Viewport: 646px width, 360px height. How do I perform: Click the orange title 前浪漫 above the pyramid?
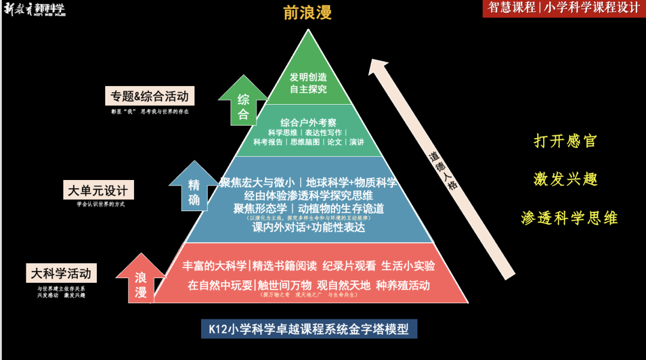click(x=307, y=13)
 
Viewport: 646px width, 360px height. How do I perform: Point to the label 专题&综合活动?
click(x=152, y=96)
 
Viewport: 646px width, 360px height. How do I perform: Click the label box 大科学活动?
click(x=62, y=274)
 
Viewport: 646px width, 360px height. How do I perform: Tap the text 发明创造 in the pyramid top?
click(x=309, y=77)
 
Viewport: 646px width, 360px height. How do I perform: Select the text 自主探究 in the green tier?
click(x=309, y=90)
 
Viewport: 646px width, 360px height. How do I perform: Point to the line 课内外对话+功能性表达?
click(x=309, y=228)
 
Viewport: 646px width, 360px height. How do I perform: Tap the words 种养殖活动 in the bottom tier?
click(x=403, y=285)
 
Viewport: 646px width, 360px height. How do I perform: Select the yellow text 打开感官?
click(x=565, y=141)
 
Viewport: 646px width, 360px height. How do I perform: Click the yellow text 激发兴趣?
click(x=565, y=179)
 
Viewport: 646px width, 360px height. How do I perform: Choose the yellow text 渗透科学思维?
click(x=569, y=218)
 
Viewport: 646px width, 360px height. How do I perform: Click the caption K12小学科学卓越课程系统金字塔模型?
click(x=309, y=330)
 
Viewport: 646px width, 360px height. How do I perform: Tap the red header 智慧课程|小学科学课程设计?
click(x=563, y=8)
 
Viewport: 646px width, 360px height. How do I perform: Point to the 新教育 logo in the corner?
click(x=34, y=9)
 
